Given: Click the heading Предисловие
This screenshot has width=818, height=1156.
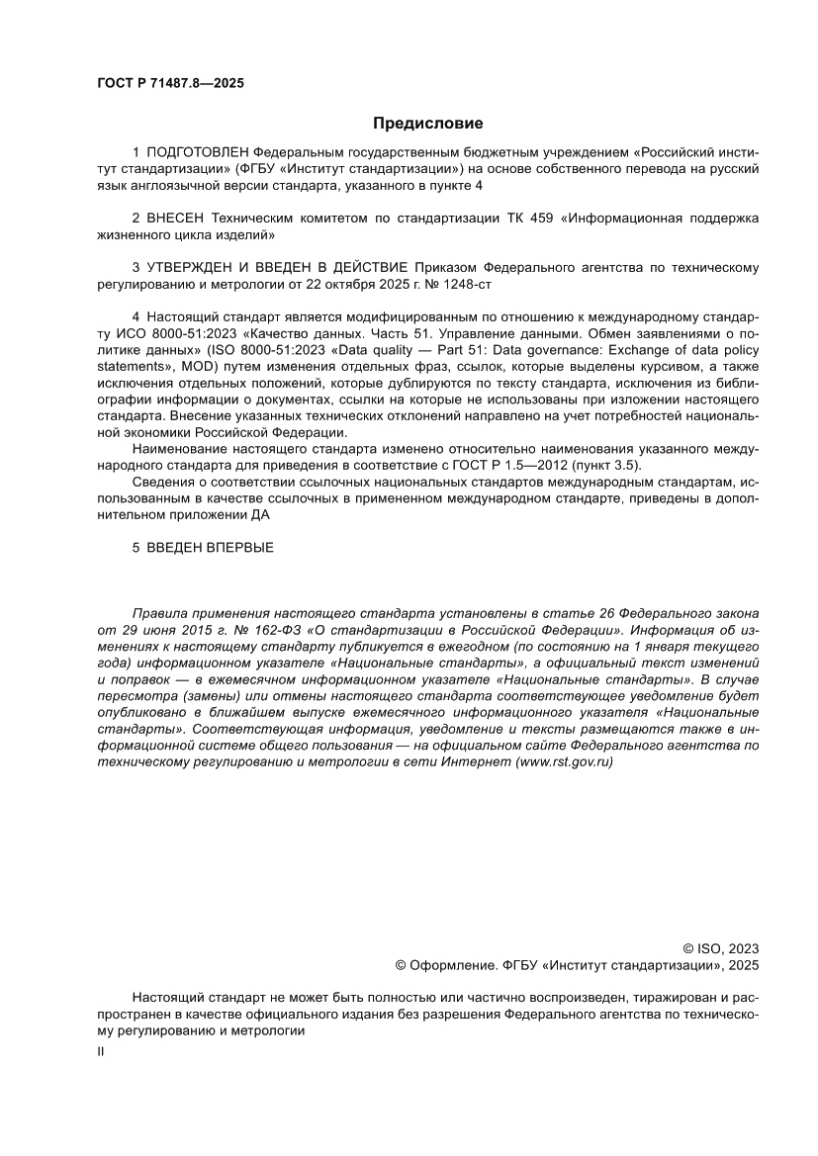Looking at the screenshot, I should point(427,124).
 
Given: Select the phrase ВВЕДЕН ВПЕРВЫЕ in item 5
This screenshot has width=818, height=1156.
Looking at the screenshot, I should point(209,547).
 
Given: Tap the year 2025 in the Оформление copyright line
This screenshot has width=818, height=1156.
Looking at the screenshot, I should point(744,964).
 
